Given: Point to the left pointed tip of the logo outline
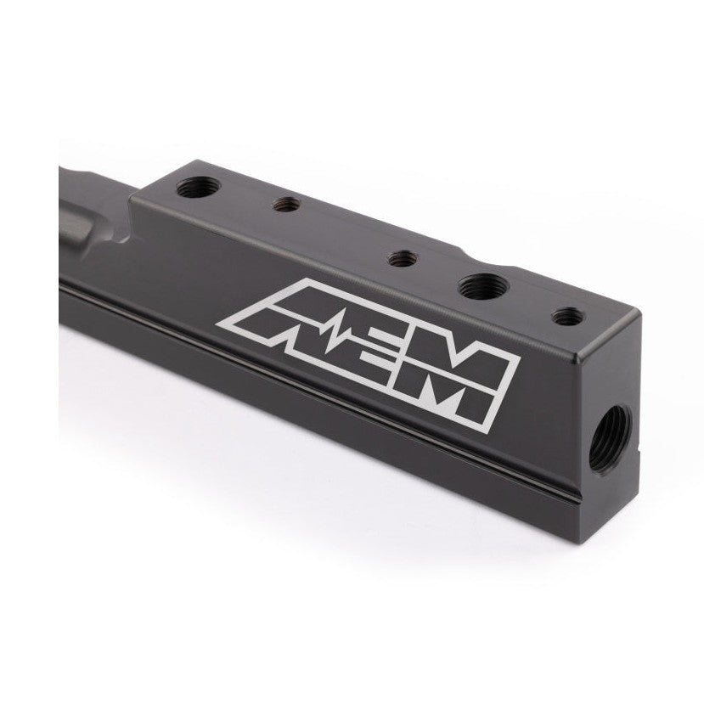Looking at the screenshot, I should click(222, 324).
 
